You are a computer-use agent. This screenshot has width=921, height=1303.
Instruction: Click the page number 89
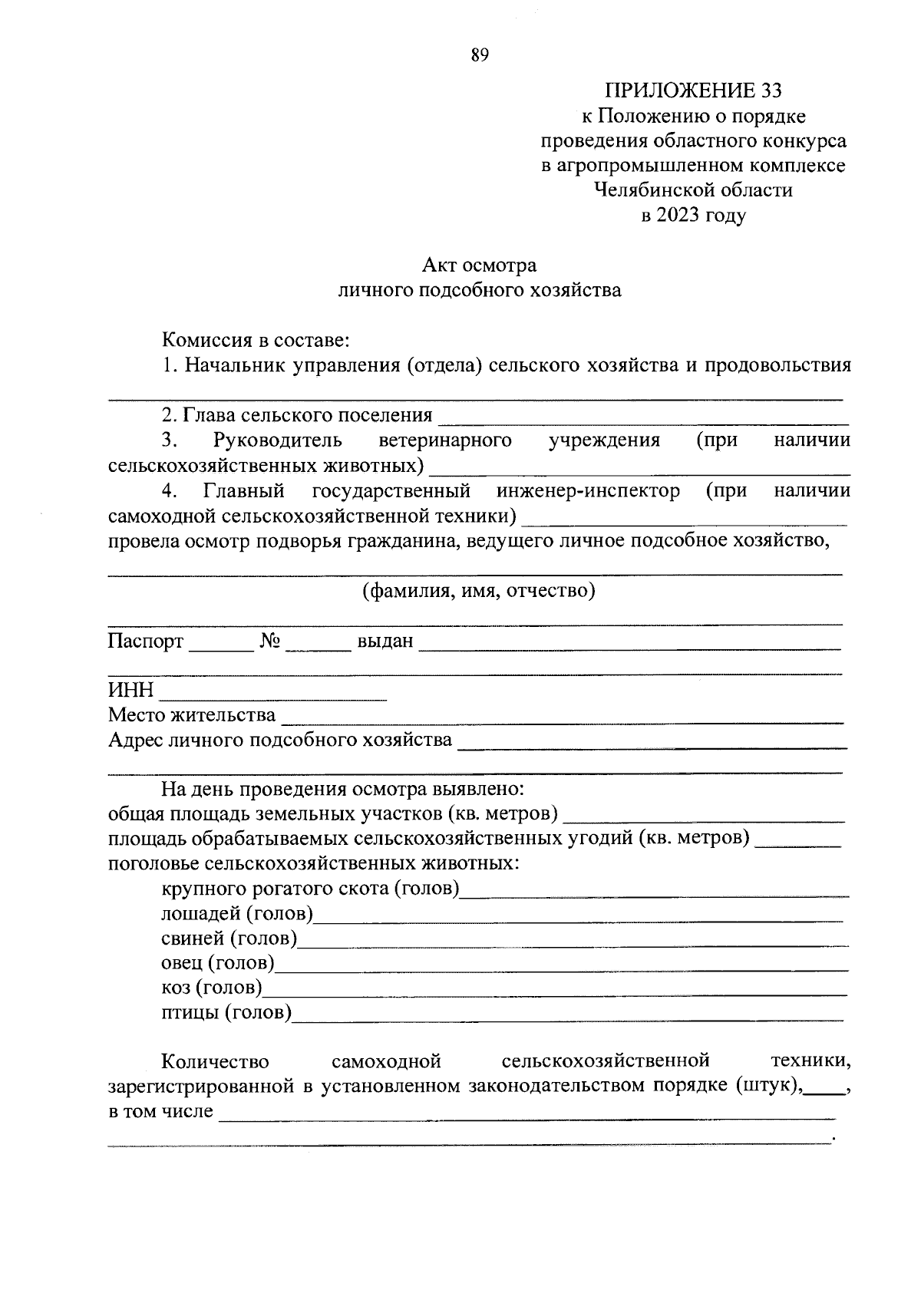pyautogui.click(x=480, y=55)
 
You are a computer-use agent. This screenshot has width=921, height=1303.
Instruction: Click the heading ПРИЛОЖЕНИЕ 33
pyautogui.click(x=693, y=91)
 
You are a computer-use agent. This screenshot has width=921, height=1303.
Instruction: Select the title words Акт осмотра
pyautogui.click(x=479, y=266)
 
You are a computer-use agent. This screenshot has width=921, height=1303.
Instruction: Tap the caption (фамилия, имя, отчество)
pyautogui.click(x=479, y=591)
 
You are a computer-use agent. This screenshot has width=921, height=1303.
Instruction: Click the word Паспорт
pyautogui.click(x=146, y=641)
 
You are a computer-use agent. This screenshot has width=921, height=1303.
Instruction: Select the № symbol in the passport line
pyautogui.click(x=269, y=641)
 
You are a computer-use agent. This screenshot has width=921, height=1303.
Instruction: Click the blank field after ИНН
pyautogui.click(x=272, y=694)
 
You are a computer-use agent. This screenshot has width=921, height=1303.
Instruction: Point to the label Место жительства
pyautogui.click(x=192, y=715)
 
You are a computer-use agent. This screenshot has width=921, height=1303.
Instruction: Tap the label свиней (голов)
pyautogui.click(x=229, y=938)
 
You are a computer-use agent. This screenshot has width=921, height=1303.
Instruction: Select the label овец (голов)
pyautogui.click(x=218, y=962)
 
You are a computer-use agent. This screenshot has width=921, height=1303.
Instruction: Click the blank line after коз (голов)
pyautogui.click(x=554, y=991)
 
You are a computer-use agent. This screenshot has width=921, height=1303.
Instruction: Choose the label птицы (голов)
pyautogui.click(x=226, y=1013)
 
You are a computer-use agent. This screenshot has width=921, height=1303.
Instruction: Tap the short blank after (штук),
pyautogui.click(x=824, y=1090)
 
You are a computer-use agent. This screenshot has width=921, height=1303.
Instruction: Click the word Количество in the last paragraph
pyautogui.click(x=215, y=1062)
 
